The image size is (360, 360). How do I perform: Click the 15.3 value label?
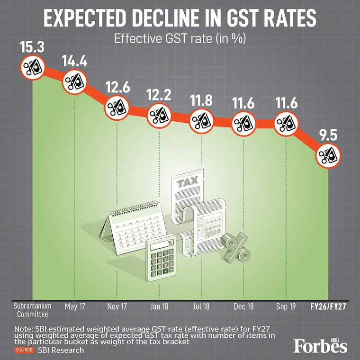[32, 47]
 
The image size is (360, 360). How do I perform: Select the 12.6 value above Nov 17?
[117, 89]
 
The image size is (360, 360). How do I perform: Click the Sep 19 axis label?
[286, 307]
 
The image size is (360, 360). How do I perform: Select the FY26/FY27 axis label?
[328, 307]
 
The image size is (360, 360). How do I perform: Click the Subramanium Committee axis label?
[33, 310]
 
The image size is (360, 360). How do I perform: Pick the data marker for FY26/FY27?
[328, 154]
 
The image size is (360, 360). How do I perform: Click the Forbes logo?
[320, 345]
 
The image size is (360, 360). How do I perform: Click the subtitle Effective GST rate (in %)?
[180, 38]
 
